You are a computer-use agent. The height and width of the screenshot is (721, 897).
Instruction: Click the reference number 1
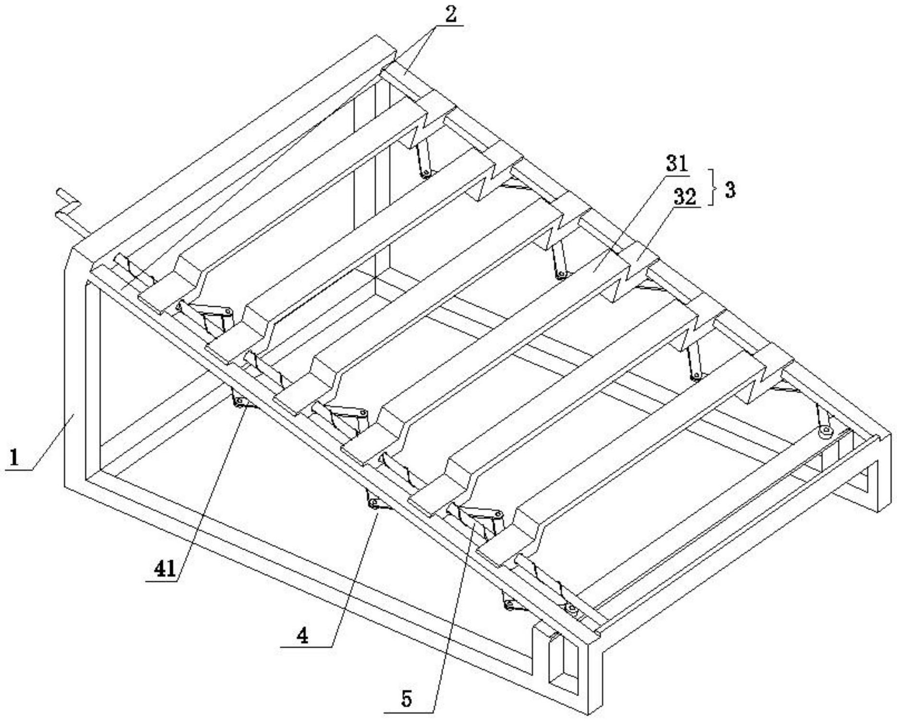14,457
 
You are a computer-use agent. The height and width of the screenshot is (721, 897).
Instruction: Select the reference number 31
676,165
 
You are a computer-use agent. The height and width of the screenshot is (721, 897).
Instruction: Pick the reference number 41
164,570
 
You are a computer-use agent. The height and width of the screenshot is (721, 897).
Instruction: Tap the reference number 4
303,636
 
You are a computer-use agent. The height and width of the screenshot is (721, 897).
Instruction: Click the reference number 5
406,699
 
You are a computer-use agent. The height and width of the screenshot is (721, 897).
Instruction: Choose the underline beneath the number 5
408,711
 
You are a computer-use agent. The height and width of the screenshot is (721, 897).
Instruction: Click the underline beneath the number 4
306,648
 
